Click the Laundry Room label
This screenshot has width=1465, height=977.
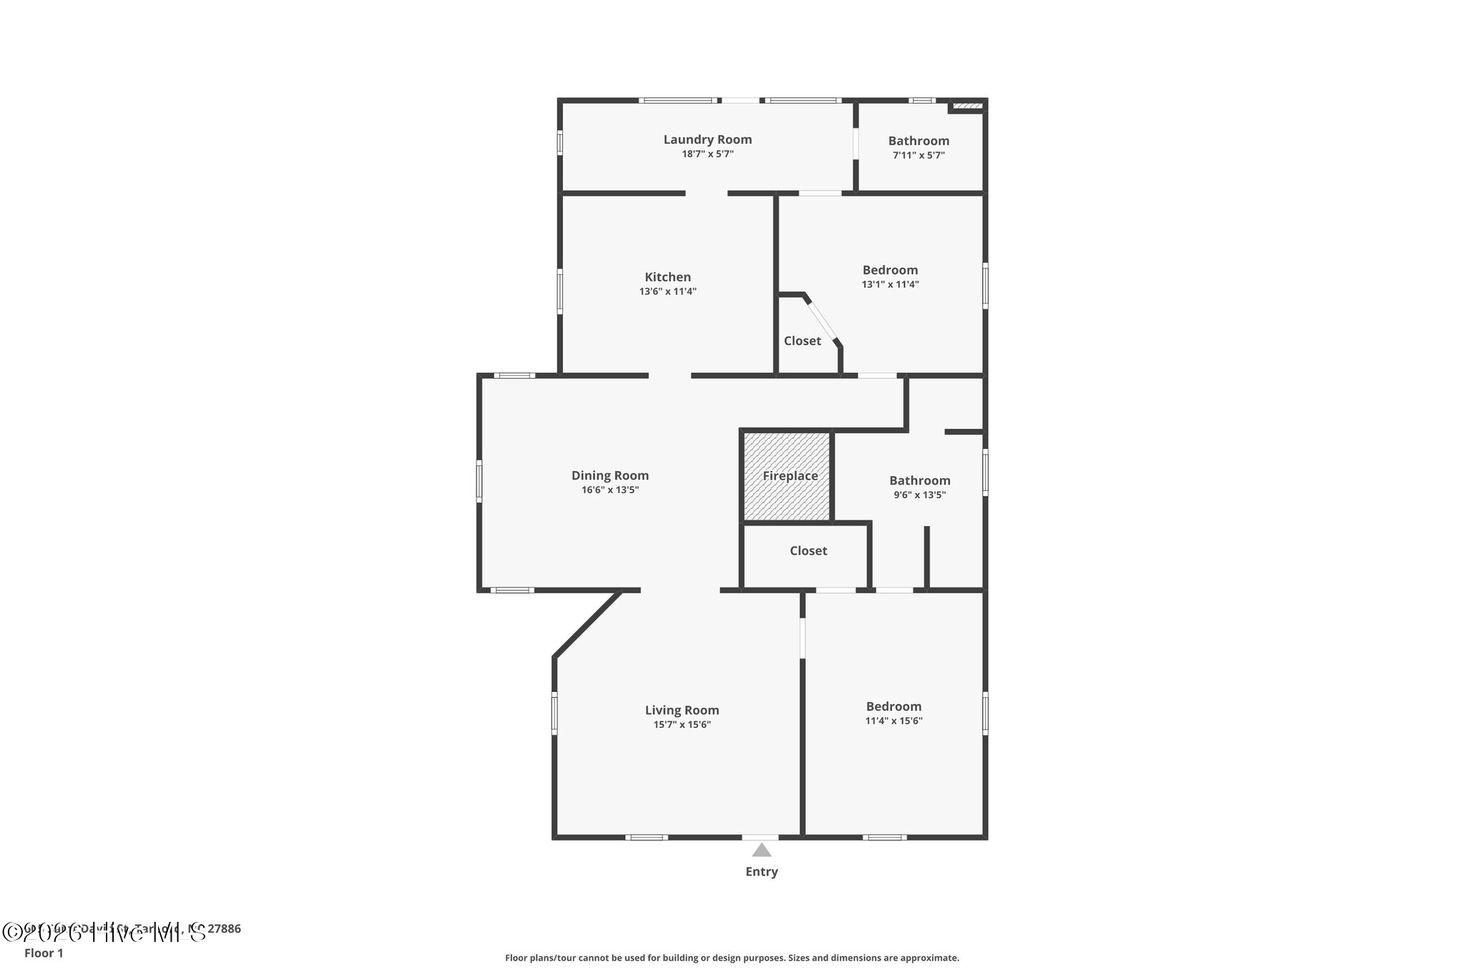coord(707,140)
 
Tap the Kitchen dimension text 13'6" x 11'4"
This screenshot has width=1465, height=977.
coord(667,291)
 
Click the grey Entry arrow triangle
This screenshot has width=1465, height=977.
coord(761,850)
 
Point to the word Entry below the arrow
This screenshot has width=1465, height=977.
coord(761,871)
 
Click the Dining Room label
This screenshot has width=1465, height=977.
coord(609,475)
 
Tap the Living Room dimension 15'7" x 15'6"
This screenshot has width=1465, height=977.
coord(682,724)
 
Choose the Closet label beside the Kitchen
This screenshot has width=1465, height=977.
coord(802,341)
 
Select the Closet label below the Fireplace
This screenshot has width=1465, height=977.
coord(808,550)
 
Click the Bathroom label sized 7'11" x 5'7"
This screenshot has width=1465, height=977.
coord(918,141)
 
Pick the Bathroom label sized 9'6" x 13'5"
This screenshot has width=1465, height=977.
coord(919,480)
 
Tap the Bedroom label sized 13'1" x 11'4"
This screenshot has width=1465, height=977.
coord(890,270)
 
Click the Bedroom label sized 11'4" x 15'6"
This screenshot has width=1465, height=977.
coord(893,706)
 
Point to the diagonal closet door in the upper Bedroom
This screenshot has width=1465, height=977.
coord(822,321)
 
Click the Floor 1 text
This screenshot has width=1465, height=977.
coord(44,953)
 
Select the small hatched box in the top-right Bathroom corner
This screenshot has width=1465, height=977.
coord(968,107)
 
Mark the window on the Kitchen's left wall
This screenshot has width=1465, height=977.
coord(559,291)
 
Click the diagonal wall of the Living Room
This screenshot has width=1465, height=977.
coord(587,623)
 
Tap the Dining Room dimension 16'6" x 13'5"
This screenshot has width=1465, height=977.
coord(609,490)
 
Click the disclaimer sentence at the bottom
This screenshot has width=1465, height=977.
coord(732,958)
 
